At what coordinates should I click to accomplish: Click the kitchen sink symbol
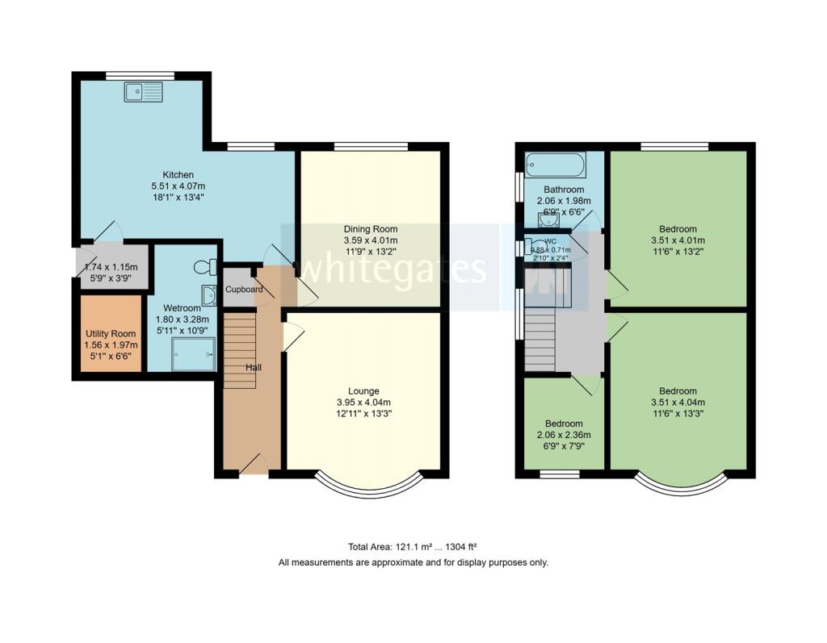(144, 92)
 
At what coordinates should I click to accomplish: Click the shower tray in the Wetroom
(195, 354)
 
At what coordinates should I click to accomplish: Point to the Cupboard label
(244, 289)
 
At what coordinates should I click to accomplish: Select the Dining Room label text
(371, 229)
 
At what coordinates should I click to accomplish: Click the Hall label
(254, 368)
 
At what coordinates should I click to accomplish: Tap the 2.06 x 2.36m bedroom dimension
(563, 435)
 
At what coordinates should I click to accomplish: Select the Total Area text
(413, 546)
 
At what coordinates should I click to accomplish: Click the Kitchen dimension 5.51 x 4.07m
(178, 186)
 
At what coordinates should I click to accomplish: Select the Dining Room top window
(371, 147)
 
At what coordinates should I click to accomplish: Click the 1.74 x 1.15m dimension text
(112, 267)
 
